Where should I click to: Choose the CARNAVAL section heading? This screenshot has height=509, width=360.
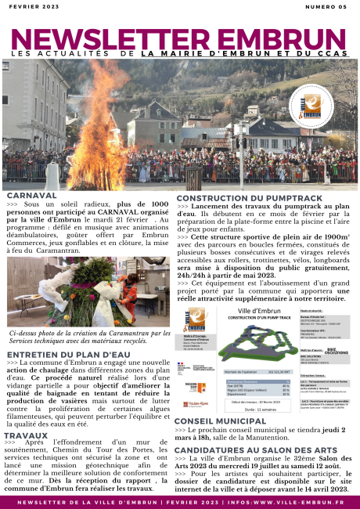31,195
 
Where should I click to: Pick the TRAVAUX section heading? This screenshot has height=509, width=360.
26,435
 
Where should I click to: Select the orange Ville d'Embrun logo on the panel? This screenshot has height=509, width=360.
196,321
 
